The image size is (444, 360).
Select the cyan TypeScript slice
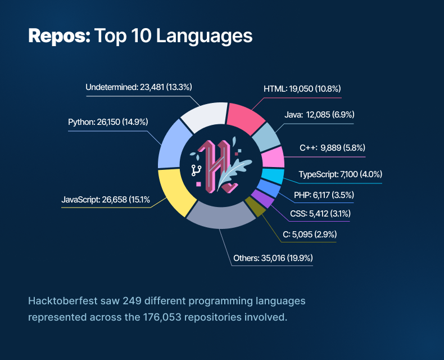pyautogui.click(x=273, y=176)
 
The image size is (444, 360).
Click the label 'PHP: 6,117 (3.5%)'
pyautogui.click(x=324, y=195)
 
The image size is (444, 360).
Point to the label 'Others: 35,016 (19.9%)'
pyautogui.click(x=273, y=258)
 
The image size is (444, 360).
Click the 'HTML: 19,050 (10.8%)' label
pyautogui.click(x=302, y=88)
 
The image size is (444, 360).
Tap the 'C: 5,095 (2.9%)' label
pyautogui.click(x=310, y=233)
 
